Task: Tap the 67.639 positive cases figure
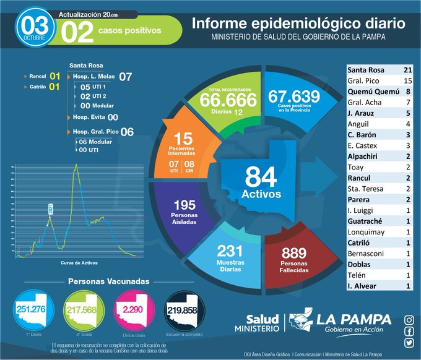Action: pos(294,96)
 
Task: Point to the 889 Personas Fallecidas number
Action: pos(294,253)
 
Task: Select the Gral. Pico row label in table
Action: pos(362,81)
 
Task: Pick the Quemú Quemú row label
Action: pos(369,91)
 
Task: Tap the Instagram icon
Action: pos(409,320)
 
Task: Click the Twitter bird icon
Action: pos(409,343)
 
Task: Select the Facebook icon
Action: pos(409,332)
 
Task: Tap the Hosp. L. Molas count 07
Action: pos(126,77)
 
